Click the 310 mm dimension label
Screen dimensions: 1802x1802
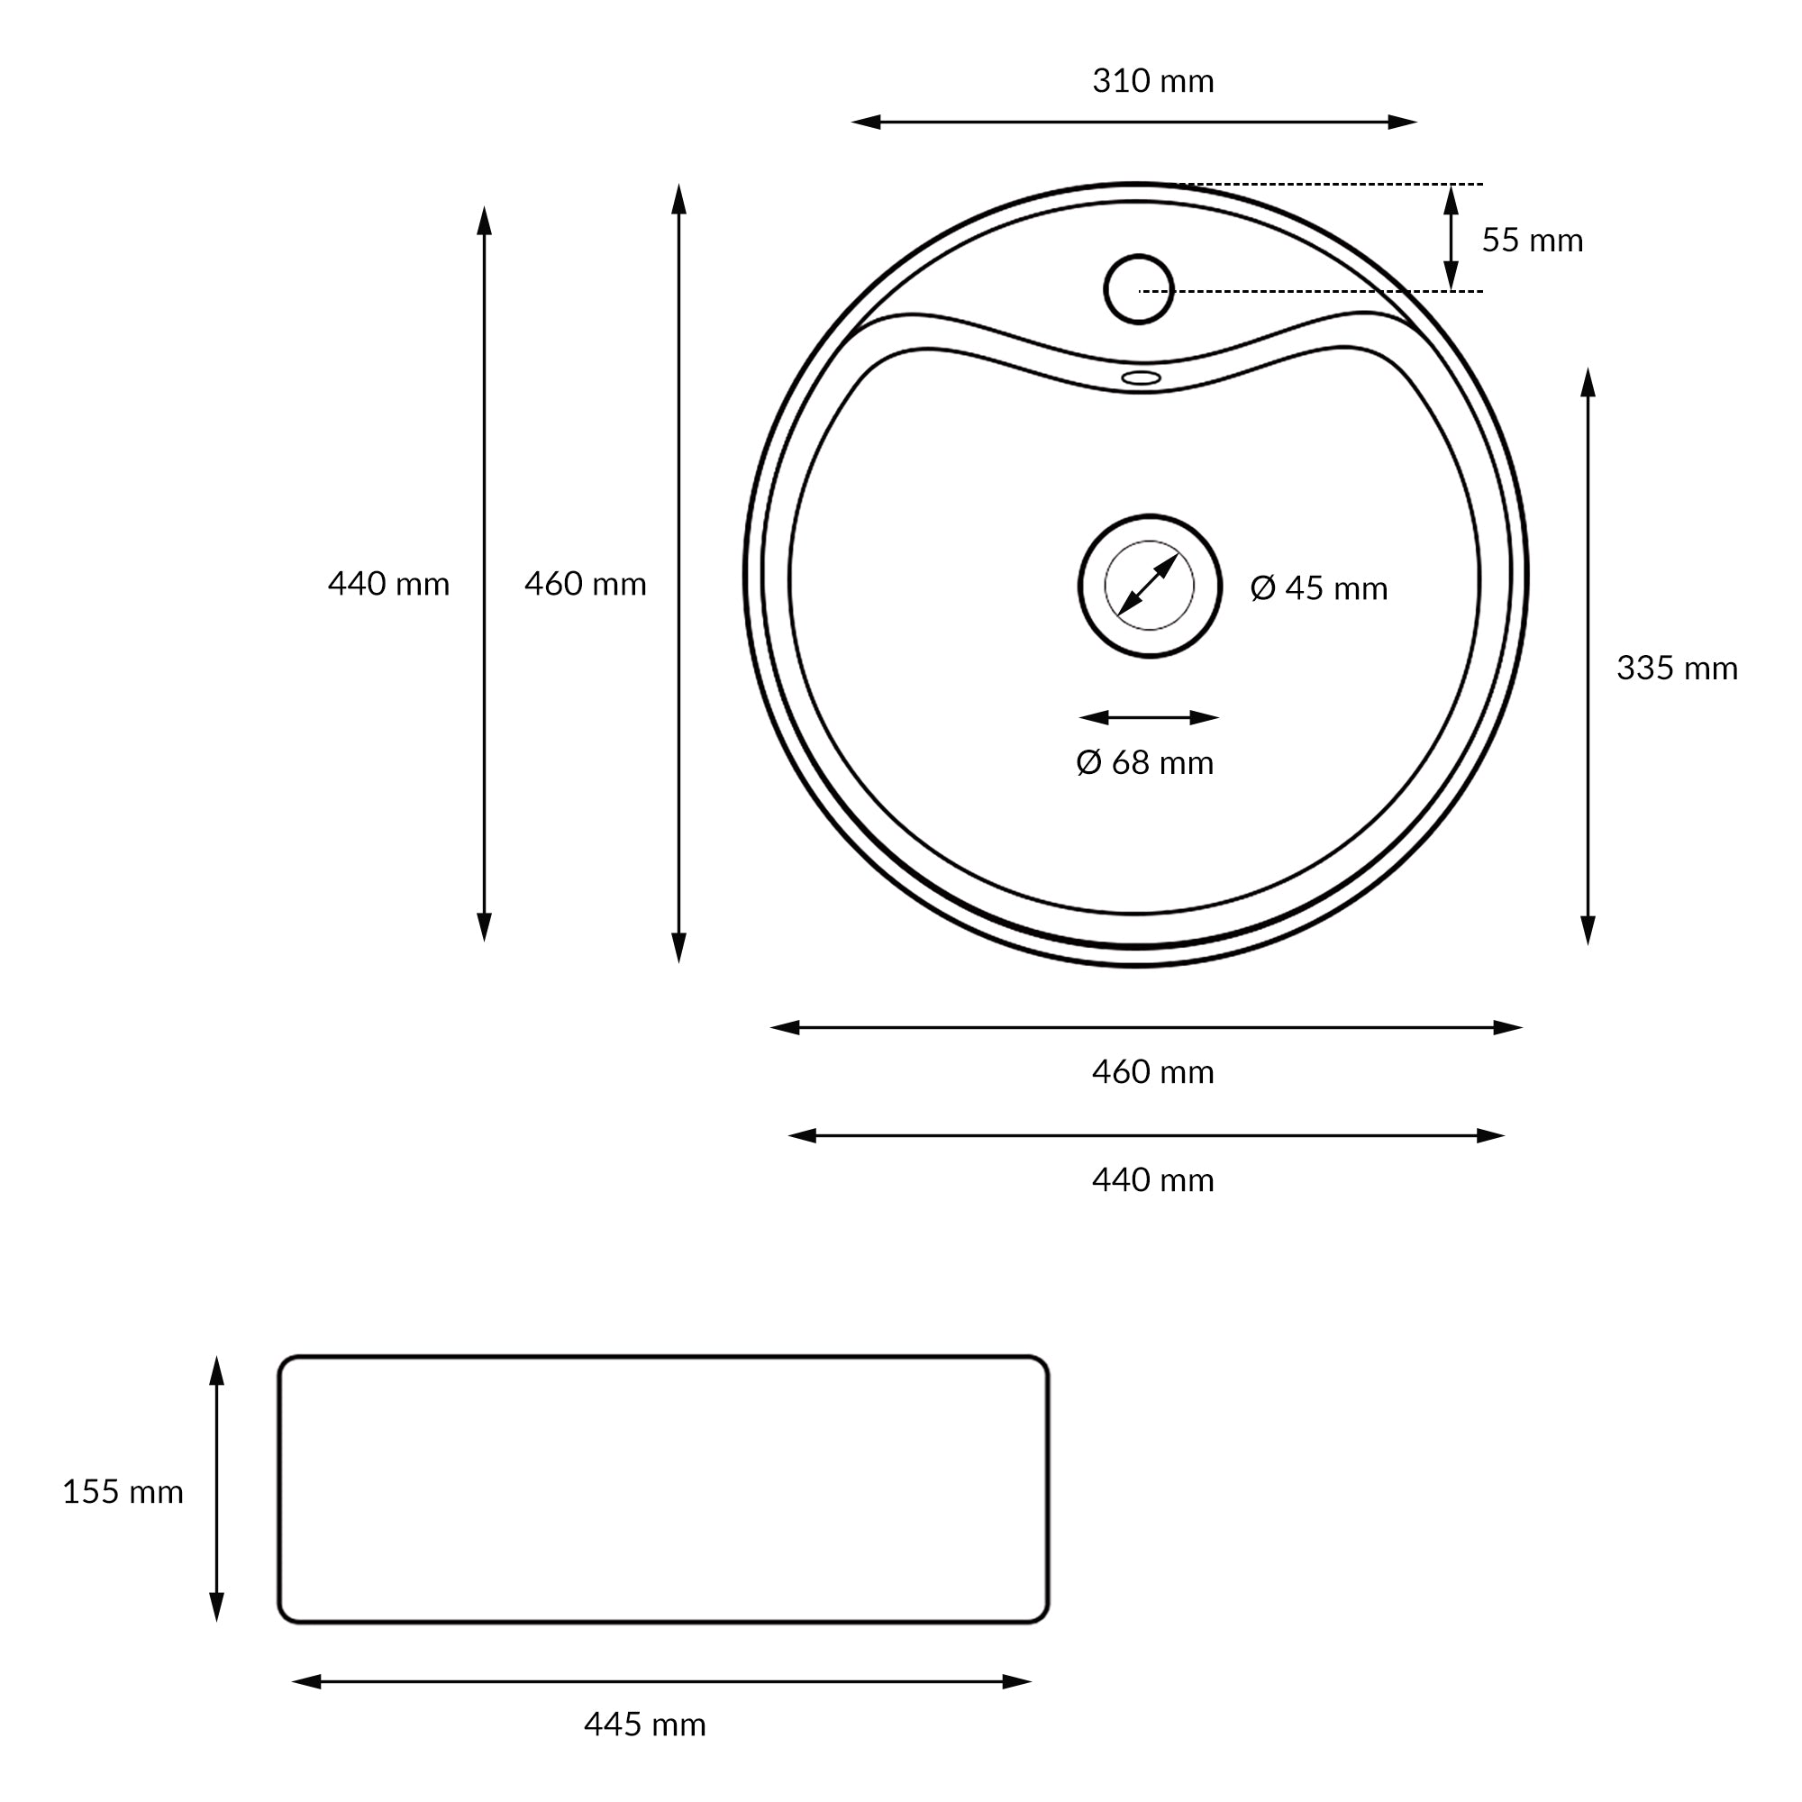(1153, 81)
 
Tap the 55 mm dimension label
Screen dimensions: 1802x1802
(1533, 241)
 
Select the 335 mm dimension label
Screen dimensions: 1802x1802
(1677, 668)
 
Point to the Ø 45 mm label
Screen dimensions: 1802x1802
(1319, 587)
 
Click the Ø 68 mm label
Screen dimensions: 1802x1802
(1144, 762)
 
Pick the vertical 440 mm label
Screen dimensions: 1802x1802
(388, 584)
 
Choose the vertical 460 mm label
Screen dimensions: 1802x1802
(585, 584)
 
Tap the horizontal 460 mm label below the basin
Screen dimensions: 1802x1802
(1153, 1071)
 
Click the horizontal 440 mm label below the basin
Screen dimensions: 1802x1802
(1153, 1180)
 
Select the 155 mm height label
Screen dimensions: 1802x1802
(123, 1491)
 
